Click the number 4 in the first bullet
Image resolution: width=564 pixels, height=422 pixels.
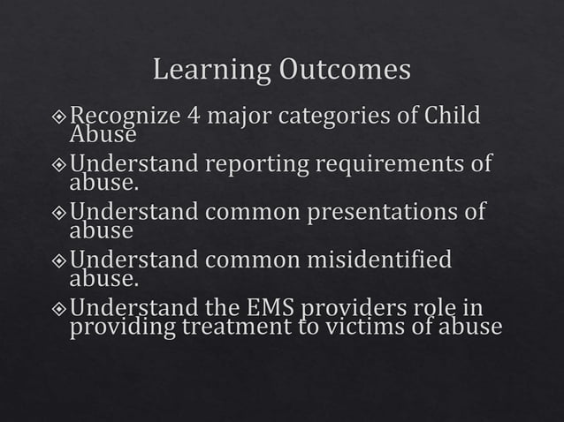click(x=194, y=116)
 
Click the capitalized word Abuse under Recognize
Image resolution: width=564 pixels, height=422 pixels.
click(x=103, y=135)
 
